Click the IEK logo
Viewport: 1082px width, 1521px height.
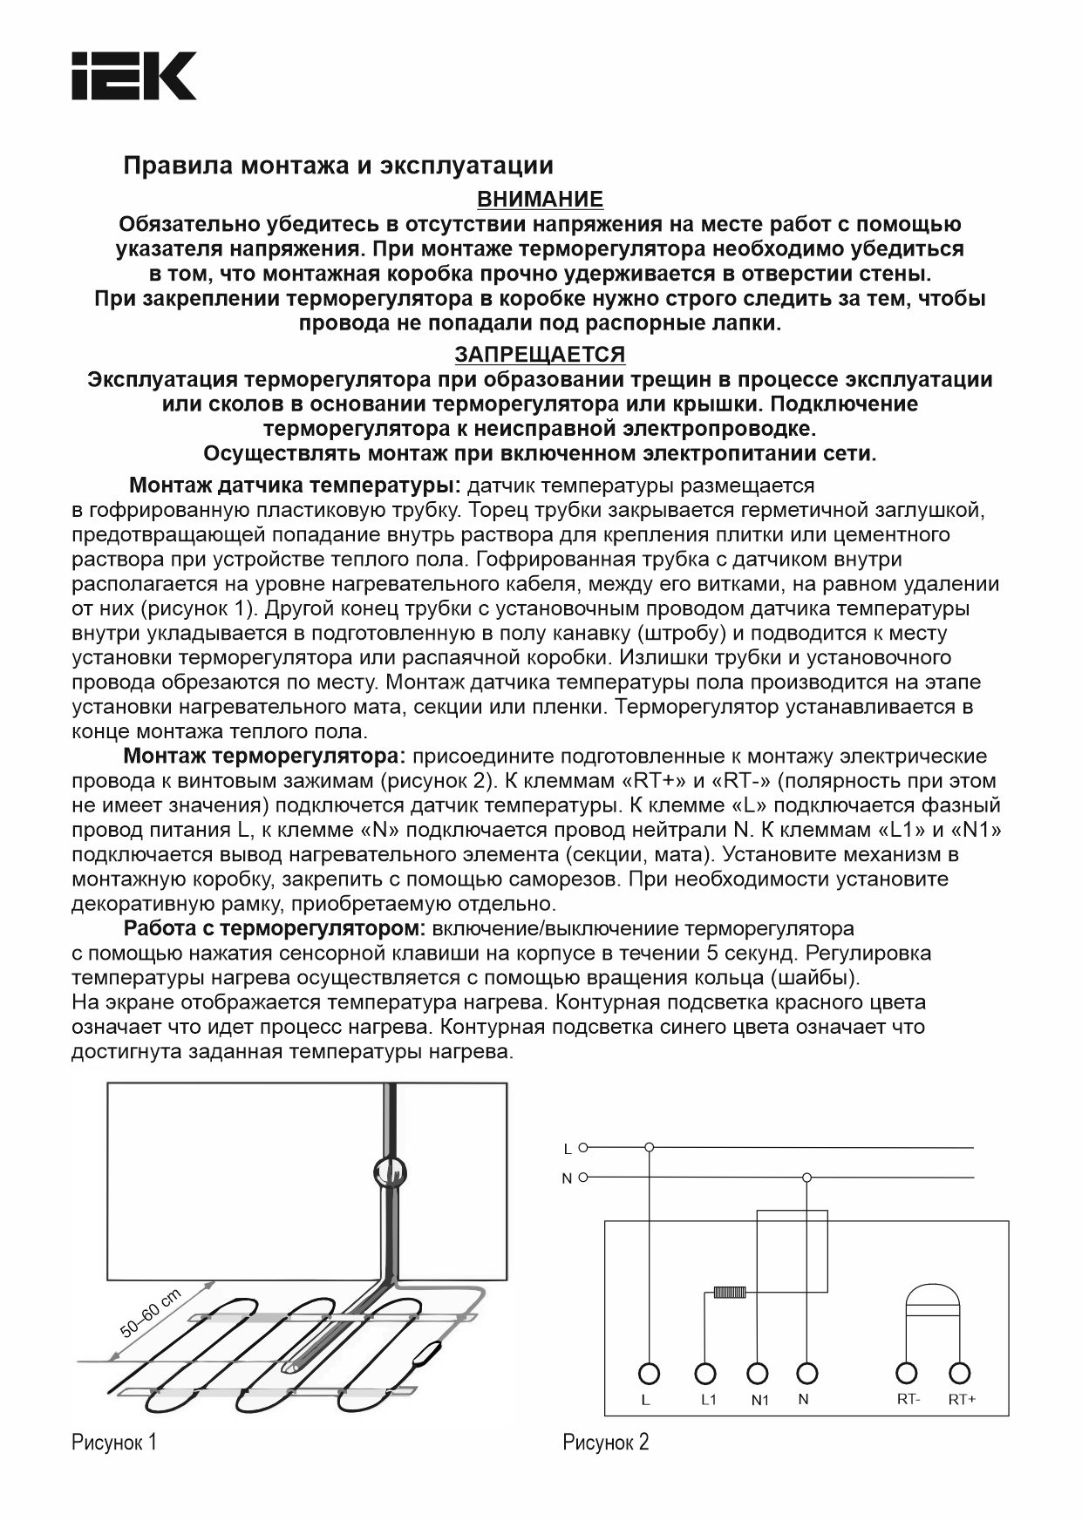133,76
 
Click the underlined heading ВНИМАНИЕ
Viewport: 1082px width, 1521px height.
541,200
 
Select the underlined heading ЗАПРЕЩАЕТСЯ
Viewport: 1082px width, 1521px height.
540,355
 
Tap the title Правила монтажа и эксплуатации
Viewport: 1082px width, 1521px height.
338,165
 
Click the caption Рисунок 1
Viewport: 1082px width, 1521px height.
114,1443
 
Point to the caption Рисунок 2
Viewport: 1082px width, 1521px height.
606,1443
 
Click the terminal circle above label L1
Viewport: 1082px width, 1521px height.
704,1374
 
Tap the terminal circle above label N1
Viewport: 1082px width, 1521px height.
758,1374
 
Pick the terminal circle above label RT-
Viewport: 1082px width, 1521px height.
908,1374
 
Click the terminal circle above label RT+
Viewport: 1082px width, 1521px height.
960,1374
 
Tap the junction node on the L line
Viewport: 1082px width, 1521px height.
649,1147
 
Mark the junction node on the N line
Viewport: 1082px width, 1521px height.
806,1178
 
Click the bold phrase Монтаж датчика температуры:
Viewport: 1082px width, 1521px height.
295,485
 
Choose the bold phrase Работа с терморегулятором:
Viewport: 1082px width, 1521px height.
274,928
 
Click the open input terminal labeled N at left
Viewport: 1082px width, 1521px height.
583,1178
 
